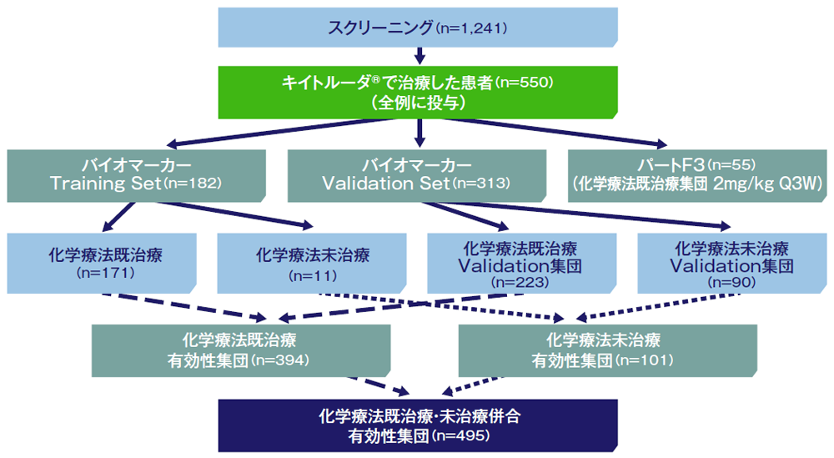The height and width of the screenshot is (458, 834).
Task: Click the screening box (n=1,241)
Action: pos(418,28)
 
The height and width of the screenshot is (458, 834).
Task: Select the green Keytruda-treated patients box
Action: pos(418,92)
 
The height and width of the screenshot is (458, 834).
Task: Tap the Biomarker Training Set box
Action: pos(136,175)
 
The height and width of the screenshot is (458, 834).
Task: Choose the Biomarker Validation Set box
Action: pos(417,175)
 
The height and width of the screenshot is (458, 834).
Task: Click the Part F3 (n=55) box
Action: pos(697,175)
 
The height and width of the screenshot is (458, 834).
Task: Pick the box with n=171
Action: pos(102,263)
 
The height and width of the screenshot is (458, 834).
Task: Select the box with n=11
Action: pos(312,263)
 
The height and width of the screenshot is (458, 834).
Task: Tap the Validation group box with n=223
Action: pos(522,263)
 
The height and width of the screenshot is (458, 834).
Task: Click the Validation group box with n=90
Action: pos(732,263)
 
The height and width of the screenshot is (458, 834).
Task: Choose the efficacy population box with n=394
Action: pos(241,350)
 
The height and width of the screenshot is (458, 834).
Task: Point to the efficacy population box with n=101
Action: pos(607,350)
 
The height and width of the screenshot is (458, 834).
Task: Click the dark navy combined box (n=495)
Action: pos(418,425)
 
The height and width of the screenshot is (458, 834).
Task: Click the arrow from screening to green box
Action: pos(420,56)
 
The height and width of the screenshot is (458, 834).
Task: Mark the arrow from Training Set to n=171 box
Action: pos(118,217)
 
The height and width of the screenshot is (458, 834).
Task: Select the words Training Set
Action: pos(105,184)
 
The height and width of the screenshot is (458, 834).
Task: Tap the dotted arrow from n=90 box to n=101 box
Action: pos(658,306)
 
